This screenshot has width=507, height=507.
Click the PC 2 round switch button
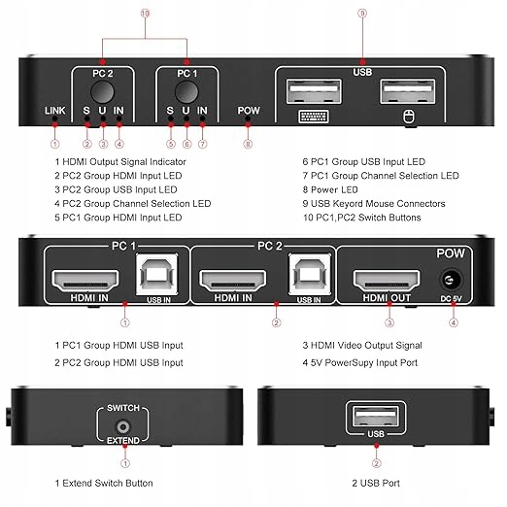pos(102,91)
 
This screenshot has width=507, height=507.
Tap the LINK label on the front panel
pos(55,111)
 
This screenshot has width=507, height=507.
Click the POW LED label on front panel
pos(249,111)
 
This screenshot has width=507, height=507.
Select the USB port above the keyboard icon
pos(314,91)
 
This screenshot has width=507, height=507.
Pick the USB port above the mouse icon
pos(408,91)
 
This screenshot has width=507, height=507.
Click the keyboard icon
pos(314,117)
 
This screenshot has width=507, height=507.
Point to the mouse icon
pos(408,117)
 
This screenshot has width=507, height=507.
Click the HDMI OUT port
pos(387,281)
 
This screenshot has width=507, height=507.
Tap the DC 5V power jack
pos(451,280)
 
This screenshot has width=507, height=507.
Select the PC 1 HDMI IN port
pos(85,281)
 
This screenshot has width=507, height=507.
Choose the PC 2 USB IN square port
pos(310,274)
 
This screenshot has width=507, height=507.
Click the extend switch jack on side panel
pos(123,427)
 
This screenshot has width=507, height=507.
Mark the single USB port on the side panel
pos(376,416)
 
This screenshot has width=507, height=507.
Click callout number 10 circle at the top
pos(145,14)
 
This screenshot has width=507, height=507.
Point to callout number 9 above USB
pos(362,14)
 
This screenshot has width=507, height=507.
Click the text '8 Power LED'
pos(330,189)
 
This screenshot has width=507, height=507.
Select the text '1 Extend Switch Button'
pos(104,483)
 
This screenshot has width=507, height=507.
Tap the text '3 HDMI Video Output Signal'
pos(362,346)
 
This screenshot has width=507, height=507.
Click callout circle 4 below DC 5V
pos(454,322)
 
